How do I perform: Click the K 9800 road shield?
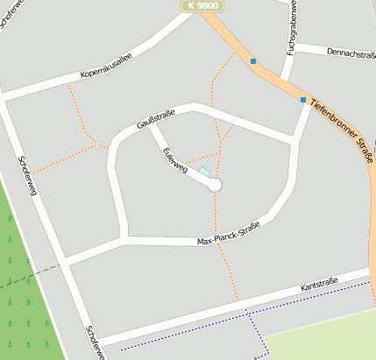tap(202, 5)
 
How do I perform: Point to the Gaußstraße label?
tap(157, 118)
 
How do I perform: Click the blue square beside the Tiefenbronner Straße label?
tap(303, 100)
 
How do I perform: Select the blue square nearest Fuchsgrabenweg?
tap(253, 61)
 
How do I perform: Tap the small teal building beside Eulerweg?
tap(205, 173)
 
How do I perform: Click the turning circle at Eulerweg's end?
tap(215, 185)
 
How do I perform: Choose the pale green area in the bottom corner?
tap(324, 337)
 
